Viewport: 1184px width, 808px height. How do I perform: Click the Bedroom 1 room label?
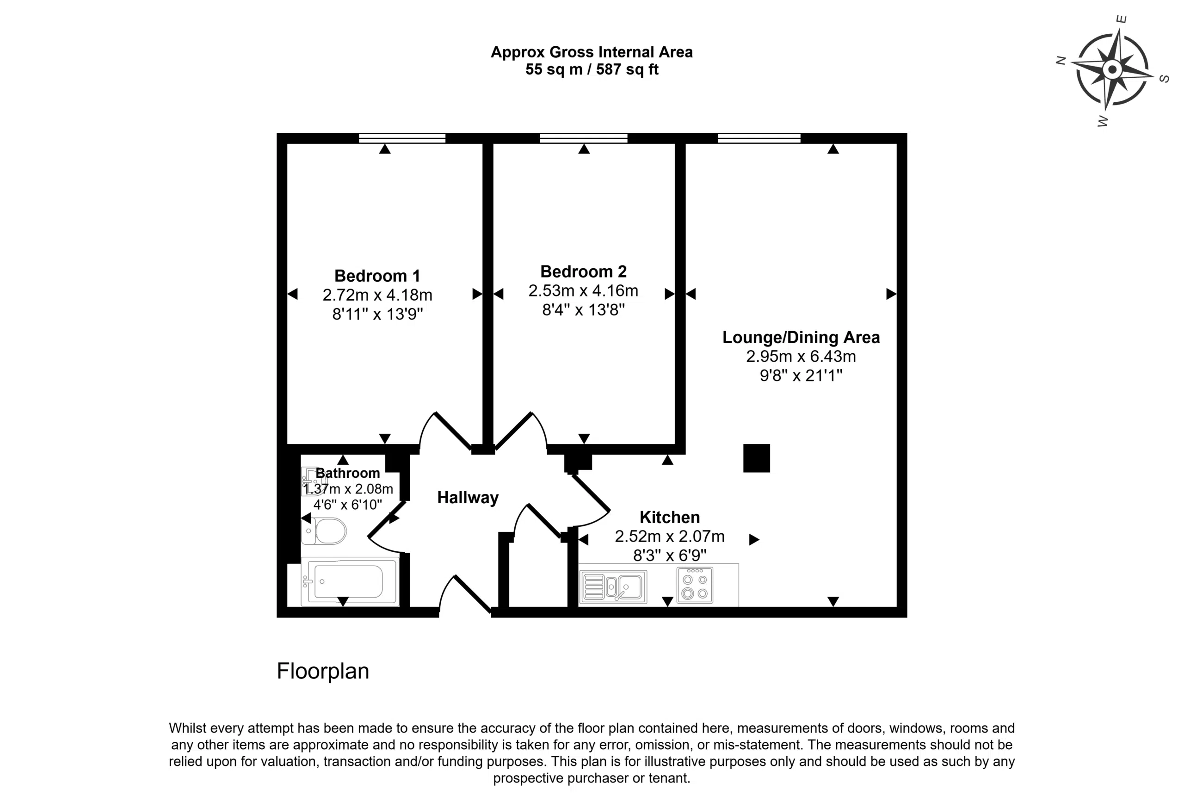(x=377, y=276)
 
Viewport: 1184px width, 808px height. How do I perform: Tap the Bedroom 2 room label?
(x=583, y=271)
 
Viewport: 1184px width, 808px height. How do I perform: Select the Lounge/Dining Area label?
(x=801, y=337)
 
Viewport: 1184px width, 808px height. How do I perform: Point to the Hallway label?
(x=468, y=498)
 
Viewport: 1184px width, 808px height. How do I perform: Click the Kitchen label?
(x=669, y=517)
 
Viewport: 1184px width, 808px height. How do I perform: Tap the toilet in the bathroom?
(x=324, y=531)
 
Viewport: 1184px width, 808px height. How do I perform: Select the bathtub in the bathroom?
(x=350, y=581)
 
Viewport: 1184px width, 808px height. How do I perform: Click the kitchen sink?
(x=613, y=586)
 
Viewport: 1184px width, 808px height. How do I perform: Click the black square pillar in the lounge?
(x=757, y=458)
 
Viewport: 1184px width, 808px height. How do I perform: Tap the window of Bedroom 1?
(x=402, y=138)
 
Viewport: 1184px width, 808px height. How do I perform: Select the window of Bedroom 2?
(x=583, y=138)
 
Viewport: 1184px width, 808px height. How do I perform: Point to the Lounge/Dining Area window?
(x=759, y=138)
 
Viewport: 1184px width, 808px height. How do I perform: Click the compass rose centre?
(x=1112, y=69)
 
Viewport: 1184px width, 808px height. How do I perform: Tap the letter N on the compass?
(x=1061, y=61)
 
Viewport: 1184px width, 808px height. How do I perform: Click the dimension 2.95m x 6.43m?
(x=801, y=356)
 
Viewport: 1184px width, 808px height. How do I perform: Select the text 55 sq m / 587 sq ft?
(x=592, y=69)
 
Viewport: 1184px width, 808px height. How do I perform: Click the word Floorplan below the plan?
(x=323, y=672)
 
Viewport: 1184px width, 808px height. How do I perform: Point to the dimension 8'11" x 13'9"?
(x=377, y=314)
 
